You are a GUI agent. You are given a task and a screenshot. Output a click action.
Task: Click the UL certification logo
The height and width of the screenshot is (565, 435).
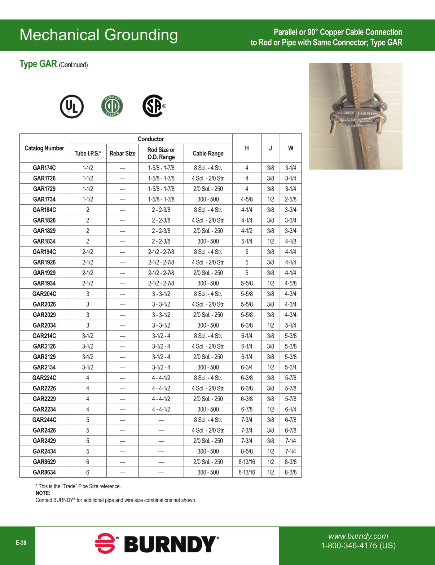click(x=72, y=106)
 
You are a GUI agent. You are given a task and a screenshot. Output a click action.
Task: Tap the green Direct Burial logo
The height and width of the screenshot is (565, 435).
click(x=112, y=106)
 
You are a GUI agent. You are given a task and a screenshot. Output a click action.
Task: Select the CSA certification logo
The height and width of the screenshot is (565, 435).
click(x=154, y=106)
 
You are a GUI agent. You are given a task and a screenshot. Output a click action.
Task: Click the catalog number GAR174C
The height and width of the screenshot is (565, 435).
click(x=44, y=168)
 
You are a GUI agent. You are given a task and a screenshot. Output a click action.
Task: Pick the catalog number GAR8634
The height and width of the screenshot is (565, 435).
click(x=44, y=472)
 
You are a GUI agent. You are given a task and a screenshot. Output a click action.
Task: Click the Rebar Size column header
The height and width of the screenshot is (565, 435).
click(x=123, y=153)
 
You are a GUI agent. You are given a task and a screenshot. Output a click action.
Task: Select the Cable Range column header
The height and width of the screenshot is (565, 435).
click(x=208, y=153)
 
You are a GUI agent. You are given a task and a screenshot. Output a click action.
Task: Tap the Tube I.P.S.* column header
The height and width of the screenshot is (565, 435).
click(x=88, y=153)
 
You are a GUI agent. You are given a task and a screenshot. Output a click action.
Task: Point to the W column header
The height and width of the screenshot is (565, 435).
click(x=291, y=148)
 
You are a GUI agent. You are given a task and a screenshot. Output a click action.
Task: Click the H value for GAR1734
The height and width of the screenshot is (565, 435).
click(x=247, y=199)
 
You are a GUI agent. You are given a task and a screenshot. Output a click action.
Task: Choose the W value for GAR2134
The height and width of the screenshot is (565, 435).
click(x=291, y=367)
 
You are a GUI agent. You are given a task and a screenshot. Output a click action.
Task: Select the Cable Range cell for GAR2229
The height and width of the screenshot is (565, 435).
click(x=208, y=399)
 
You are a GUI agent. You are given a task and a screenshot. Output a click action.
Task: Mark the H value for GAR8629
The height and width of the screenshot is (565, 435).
click(x=247, y=462)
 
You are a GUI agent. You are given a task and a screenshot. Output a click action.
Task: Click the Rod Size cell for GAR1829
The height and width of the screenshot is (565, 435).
click(x=161, y=231)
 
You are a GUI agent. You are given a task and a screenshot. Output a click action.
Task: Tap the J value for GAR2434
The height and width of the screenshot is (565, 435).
click(x=271, y=451)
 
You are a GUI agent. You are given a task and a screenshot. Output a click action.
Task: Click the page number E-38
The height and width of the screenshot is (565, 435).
click(x=21, y=543)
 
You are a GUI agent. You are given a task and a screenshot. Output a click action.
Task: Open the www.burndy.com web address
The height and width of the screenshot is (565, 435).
click(x=358, y=536)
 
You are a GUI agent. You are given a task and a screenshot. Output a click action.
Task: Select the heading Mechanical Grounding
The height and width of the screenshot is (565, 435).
click(x=99, y=35)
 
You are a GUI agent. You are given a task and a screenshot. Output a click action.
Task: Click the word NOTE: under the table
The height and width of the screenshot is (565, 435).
click(x=43, y=493)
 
